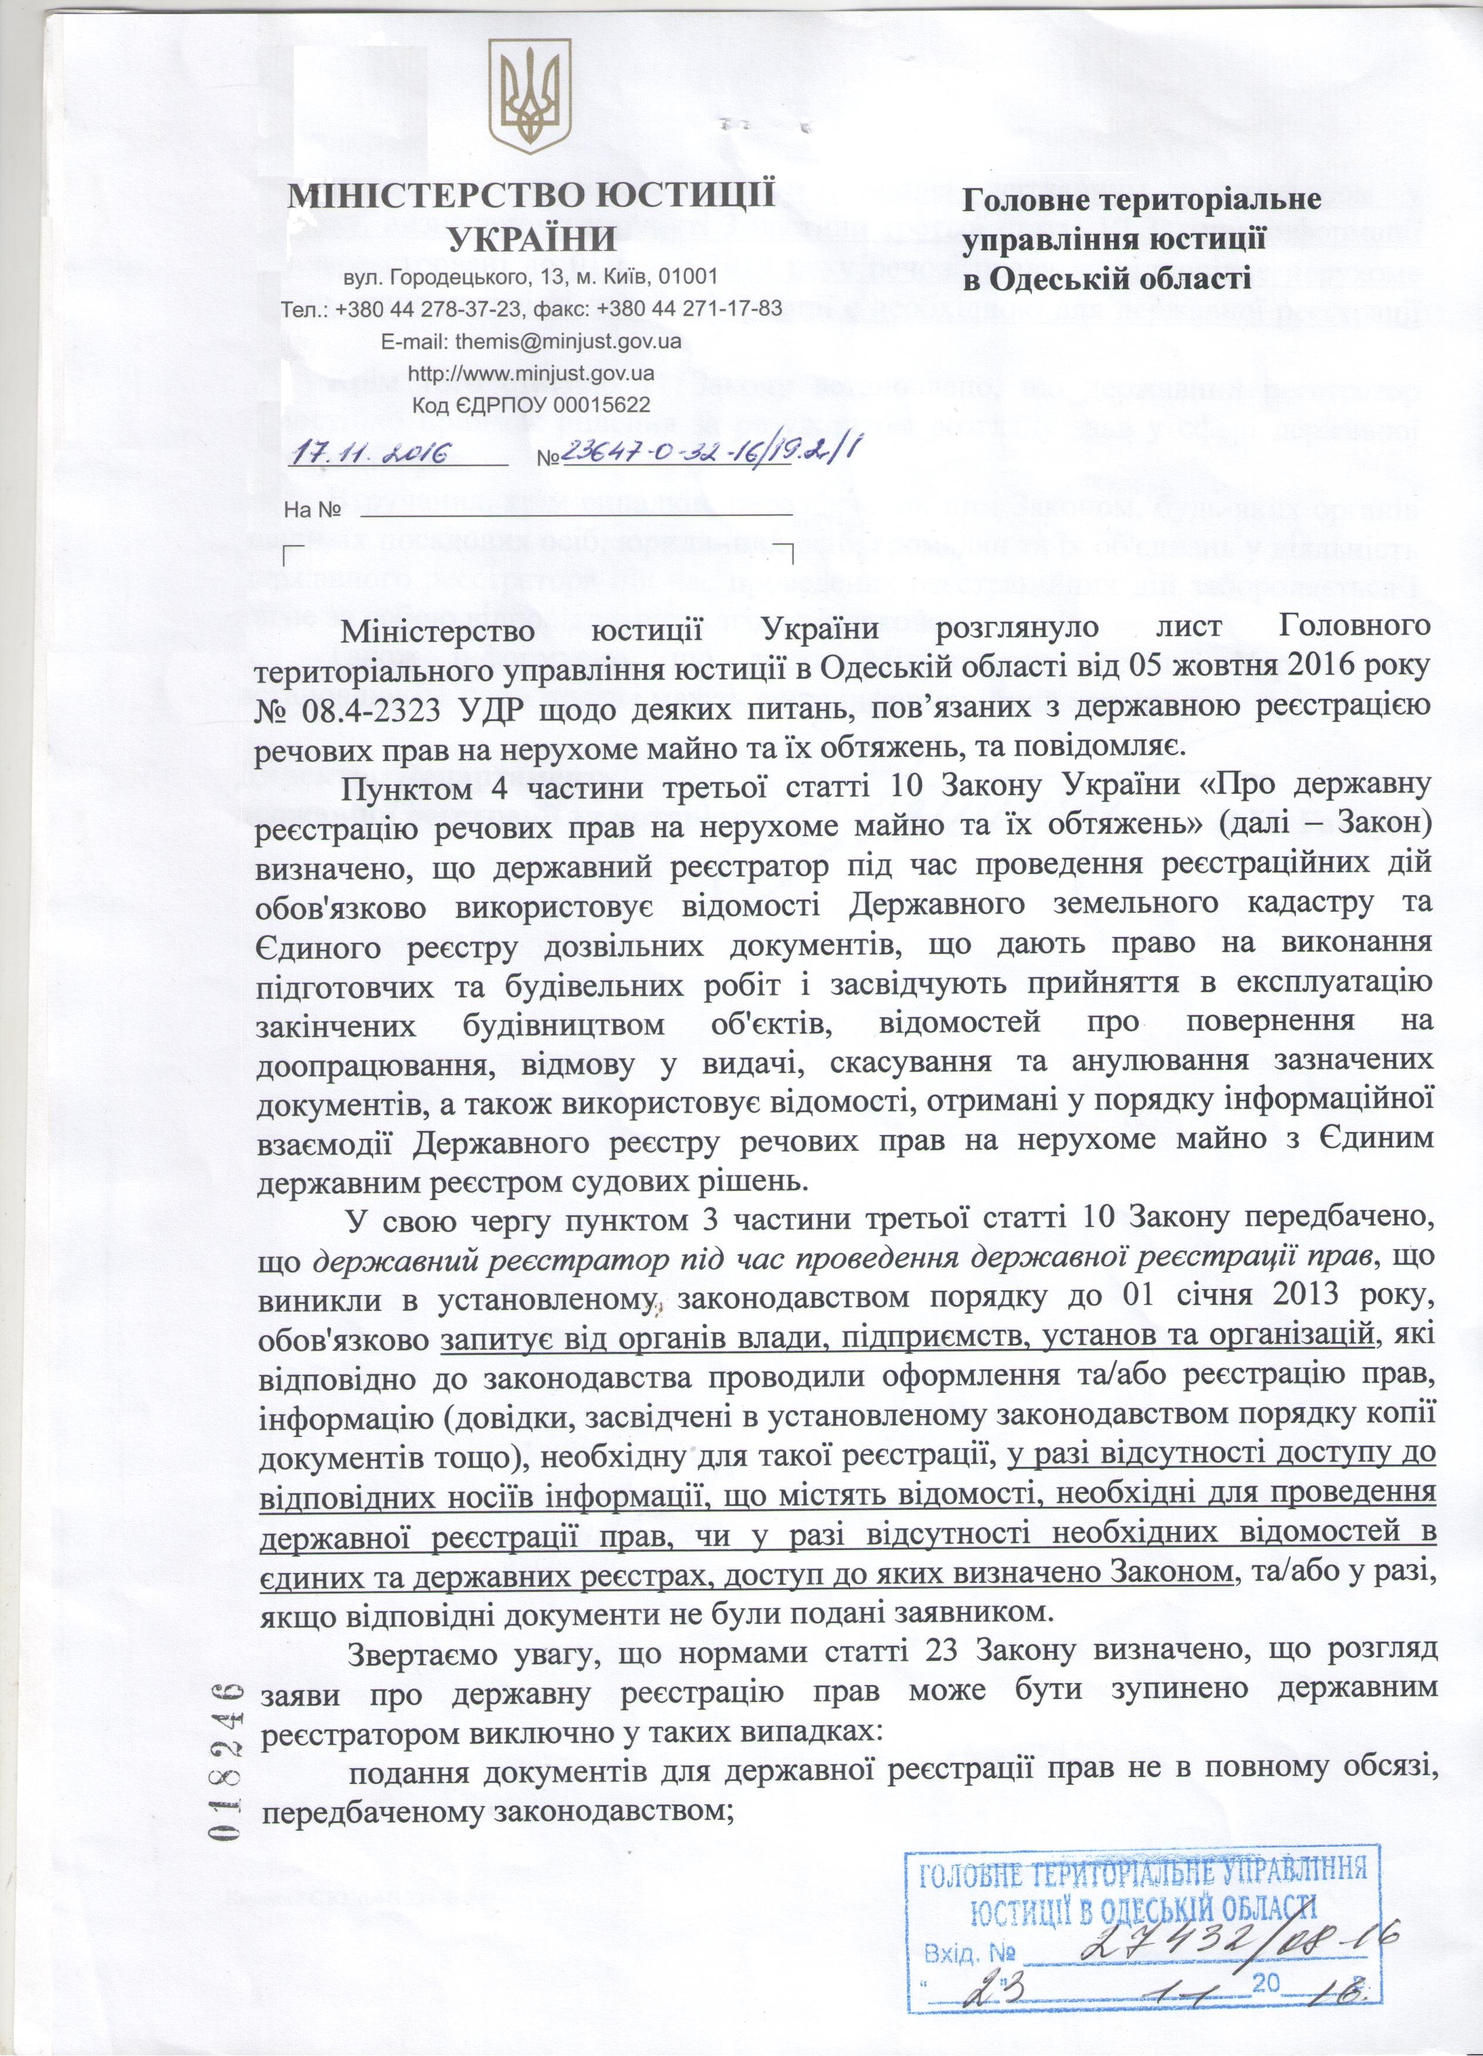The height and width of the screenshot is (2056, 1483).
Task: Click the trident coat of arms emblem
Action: pyautogui.click(x=531, y=100)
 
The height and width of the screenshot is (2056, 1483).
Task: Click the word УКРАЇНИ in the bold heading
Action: pyautogui.click(x=533, y=239)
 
